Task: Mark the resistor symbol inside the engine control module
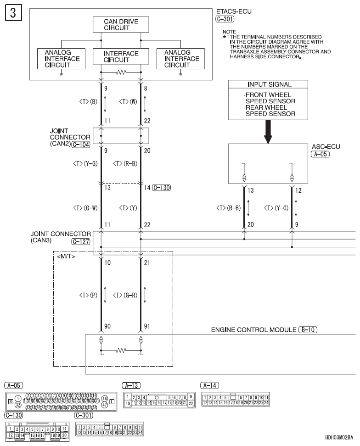121,351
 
